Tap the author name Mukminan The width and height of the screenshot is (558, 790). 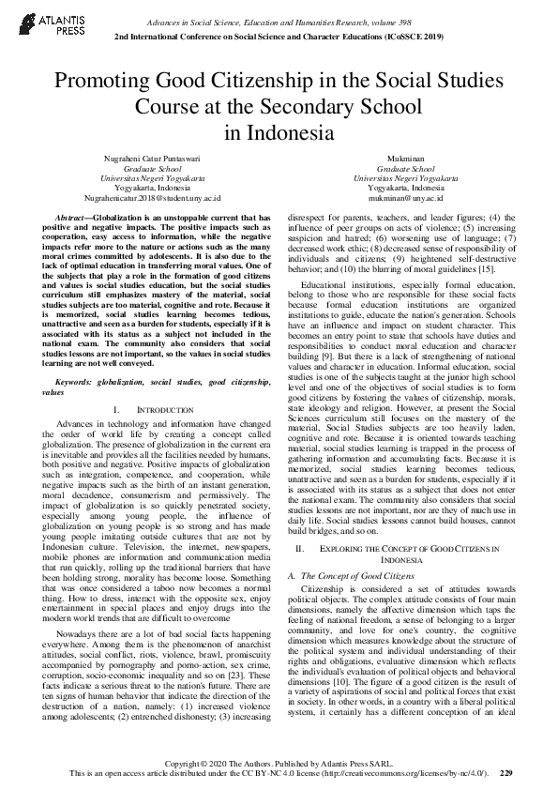(405, 160)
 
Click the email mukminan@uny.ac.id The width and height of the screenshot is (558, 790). (405, 199)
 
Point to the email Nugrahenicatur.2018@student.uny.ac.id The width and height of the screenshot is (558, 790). (152, 199)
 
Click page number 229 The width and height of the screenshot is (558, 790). (506, 772)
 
